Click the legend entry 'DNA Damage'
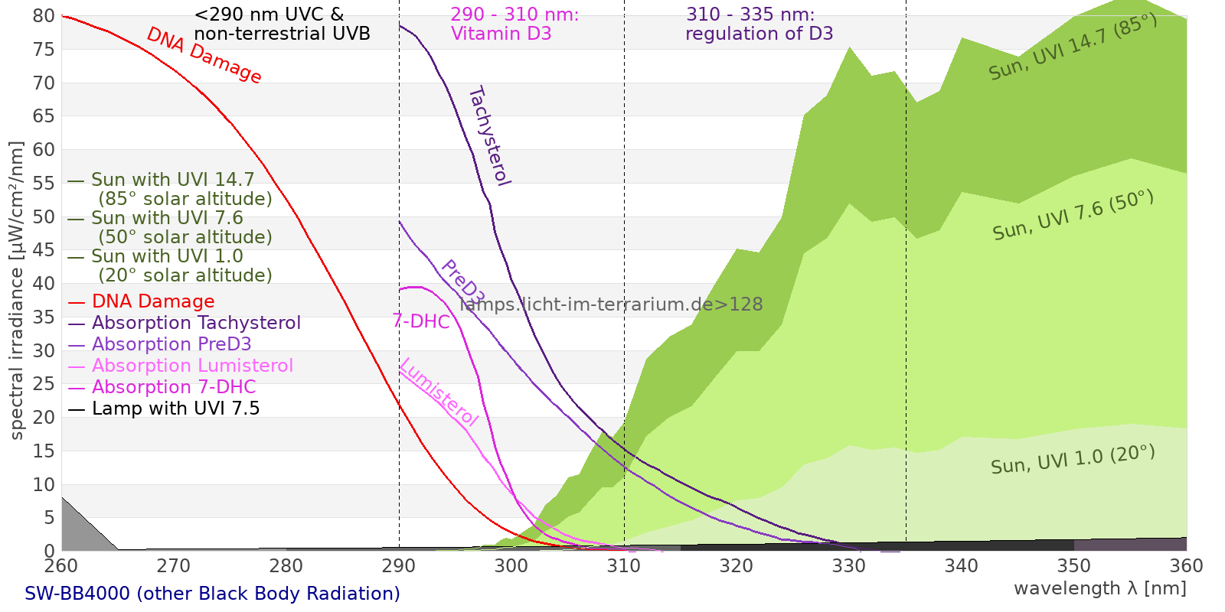coord(153,301)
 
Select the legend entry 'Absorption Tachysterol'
coord(196,323)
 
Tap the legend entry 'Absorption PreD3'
coord(171,344)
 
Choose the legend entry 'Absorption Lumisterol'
coord(192,366)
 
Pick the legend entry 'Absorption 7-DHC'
coord(174,387)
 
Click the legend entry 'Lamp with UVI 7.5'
coord(175,409)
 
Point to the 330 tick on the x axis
coord(848,565)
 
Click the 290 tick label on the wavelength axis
coord(399,565)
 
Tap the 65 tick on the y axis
coord(44,116)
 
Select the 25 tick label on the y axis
coord(44,384)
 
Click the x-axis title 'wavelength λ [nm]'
coord(1099,588)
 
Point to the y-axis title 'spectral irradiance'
coord(17,291)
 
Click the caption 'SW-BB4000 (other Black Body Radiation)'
coord(212,594)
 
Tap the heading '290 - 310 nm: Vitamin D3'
coord(514,24)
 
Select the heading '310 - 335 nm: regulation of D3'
coord(759,24)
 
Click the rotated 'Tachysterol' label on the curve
coord(489,136)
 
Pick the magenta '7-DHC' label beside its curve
coord(421,321)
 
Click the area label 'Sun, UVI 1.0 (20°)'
coord(1073,460)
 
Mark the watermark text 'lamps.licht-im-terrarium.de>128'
coord(611,304)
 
